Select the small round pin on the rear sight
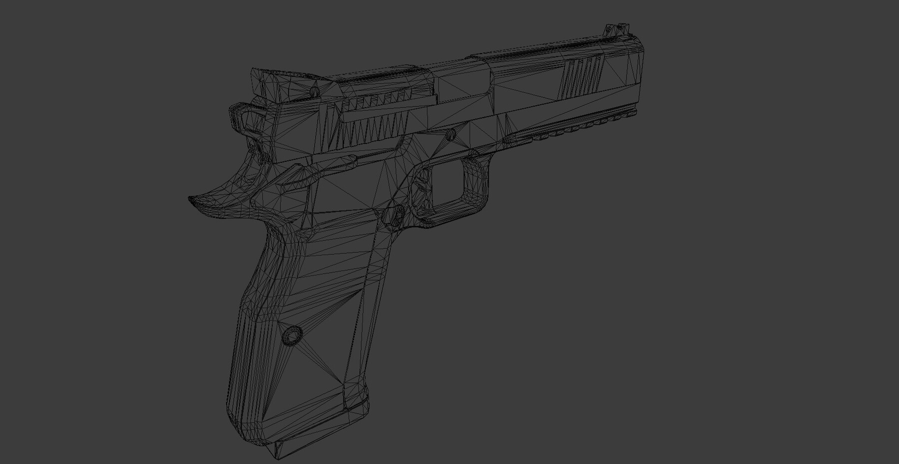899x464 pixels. click(x=314, y=92)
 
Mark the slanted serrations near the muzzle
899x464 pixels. click(x=582, y=77)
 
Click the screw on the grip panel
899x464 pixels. click(x=291, y=334)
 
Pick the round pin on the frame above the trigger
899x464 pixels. click(x=450, y=134)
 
